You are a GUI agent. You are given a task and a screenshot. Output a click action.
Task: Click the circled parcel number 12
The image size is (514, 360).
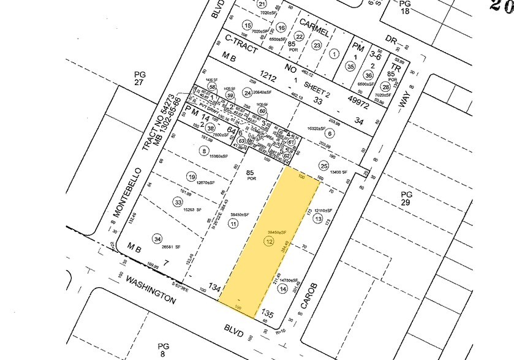(269, 242)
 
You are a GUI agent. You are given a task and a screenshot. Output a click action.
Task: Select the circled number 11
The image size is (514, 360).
(233, 224)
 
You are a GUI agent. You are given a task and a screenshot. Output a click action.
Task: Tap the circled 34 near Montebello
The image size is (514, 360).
(157, 239)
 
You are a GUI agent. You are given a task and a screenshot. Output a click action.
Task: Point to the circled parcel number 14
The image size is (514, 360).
(282, 288)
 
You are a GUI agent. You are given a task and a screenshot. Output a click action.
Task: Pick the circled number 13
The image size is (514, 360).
(317, 219)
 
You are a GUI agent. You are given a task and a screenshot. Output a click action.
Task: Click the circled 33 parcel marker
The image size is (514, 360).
(178, 201)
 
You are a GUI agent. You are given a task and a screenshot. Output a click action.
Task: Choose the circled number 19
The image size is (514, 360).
(192, 177)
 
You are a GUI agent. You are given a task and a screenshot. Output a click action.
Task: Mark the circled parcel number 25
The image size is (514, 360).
(323, 165)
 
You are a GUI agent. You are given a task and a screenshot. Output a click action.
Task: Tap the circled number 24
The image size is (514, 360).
(248, 93)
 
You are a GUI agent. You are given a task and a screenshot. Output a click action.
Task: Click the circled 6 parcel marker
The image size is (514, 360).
(330, 133)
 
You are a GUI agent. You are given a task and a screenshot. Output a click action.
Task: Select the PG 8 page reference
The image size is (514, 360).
(162, 350)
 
